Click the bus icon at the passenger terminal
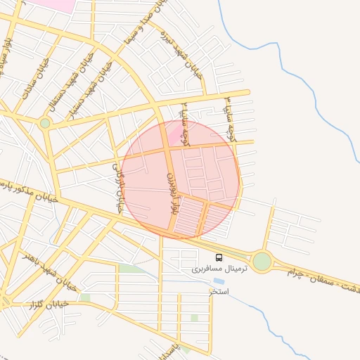219,258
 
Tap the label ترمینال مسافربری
217,269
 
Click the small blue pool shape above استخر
219,281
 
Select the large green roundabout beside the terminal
262,262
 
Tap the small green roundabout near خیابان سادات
45,123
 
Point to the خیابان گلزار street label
45,304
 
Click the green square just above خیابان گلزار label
84,297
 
